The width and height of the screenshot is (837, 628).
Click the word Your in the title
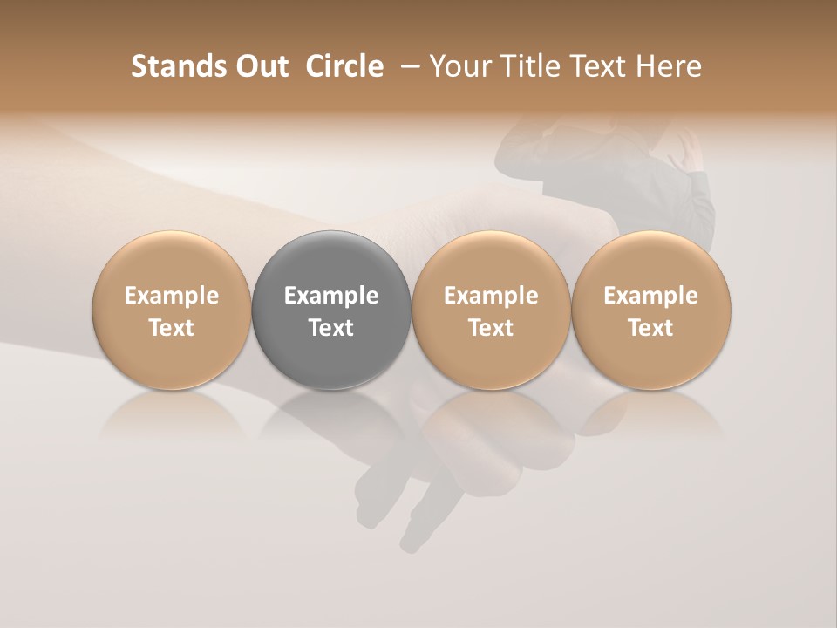click(x=459, y=66)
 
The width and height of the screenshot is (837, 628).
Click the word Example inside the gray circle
click(x=331, y=296)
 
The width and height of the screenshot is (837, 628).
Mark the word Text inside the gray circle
click(x=331, y=328)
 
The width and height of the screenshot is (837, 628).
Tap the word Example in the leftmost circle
click(x=172, y=296)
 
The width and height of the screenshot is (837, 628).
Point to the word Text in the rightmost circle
click(x=650, y=328)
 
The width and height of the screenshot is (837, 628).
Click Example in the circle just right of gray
click(x=491, y=296)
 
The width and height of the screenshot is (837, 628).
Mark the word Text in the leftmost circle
click(x=172, y=328)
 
